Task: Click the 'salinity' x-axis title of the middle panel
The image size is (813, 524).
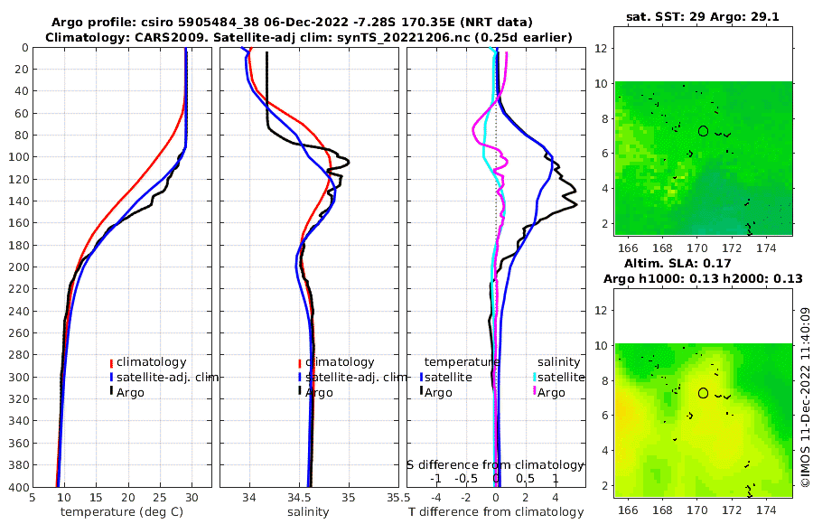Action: point(308,512)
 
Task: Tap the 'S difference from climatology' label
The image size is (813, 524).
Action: point(496,463)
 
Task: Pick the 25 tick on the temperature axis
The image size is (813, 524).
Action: point(159,497)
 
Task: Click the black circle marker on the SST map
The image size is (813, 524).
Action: point(703,131)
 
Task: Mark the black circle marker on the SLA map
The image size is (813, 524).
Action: point(703,393)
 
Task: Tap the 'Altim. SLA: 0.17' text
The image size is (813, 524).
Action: point(703,262)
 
